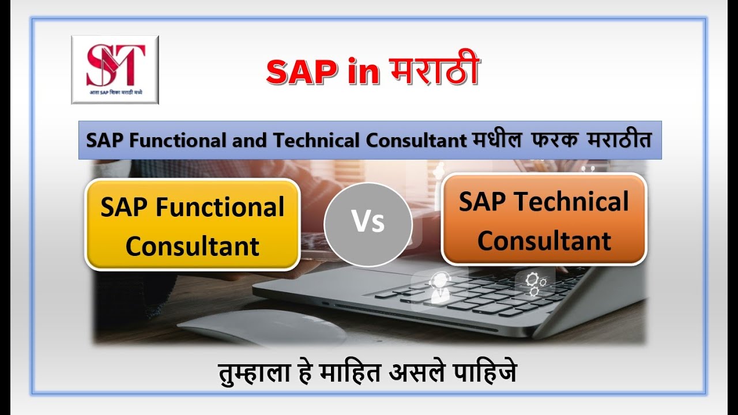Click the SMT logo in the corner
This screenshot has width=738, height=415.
[115, 69]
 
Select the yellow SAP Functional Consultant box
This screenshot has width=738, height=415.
[192, 225]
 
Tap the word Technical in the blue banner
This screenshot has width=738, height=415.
[326, 140]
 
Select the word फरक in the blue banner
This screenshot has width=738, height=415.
[556, 140]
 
